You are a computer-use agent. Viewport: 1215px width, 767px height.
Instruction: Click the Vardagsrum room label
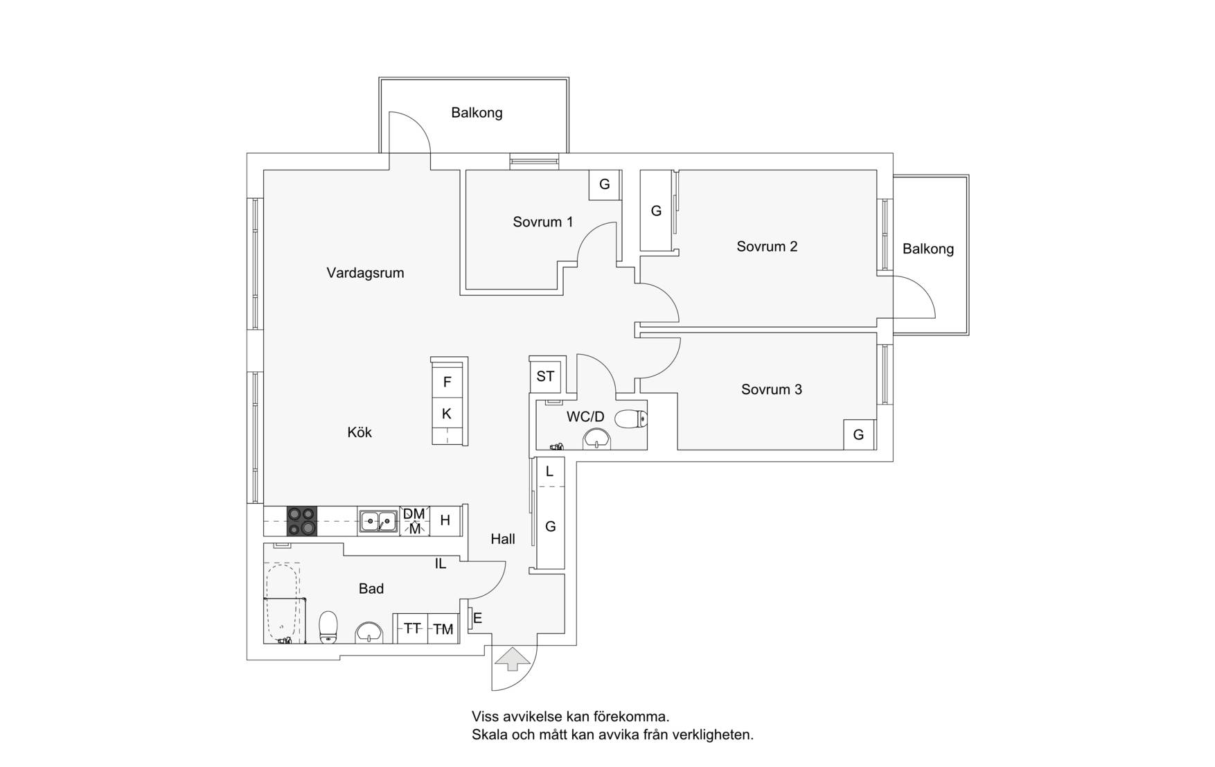click(365, 273)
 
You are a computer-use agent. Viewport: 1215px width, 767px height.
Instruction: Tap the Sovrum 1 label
click(543, 222)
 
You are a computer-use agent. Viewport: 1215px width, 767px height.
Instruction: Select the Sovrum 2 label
click(767, 246)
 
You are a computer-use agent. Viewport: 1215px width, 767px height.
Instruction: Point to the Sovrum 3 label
click(772, 389)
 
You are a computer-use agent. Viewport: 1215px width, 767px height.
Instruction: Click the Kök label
click(360, 432)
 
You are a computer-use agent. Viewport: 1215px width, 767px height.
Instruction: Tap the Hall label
click(503, 538)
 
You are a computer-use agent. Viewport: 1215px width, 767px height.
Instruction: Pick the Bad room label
click(371, 589)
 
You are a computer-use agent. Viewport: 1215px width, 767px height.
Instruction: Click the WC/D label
click(585, 417)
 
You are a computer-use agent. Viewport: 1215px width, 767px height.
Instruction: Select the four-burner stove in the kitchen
click(302, 521)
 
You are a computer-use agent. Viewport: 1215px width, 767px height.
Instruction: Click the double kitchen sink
click(378, 521)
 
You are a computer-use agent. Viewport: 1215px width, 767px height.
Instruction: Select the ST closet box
click(546, 376)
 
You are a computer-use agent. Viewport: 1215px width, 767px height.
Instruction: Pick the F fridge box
click(447, 381)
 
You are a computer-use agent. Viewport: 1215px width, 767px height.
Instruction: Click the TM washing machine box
click(443, 628)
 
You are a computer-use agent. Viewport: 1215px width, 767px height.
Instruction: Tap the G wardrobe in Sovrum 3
click(859, 434)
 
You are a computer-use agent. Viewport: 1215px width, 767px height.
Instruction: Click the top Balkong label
click(477, 112)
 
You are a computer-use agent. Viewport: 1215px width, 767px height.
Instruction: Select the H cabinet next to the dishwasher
click(445, 520)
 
